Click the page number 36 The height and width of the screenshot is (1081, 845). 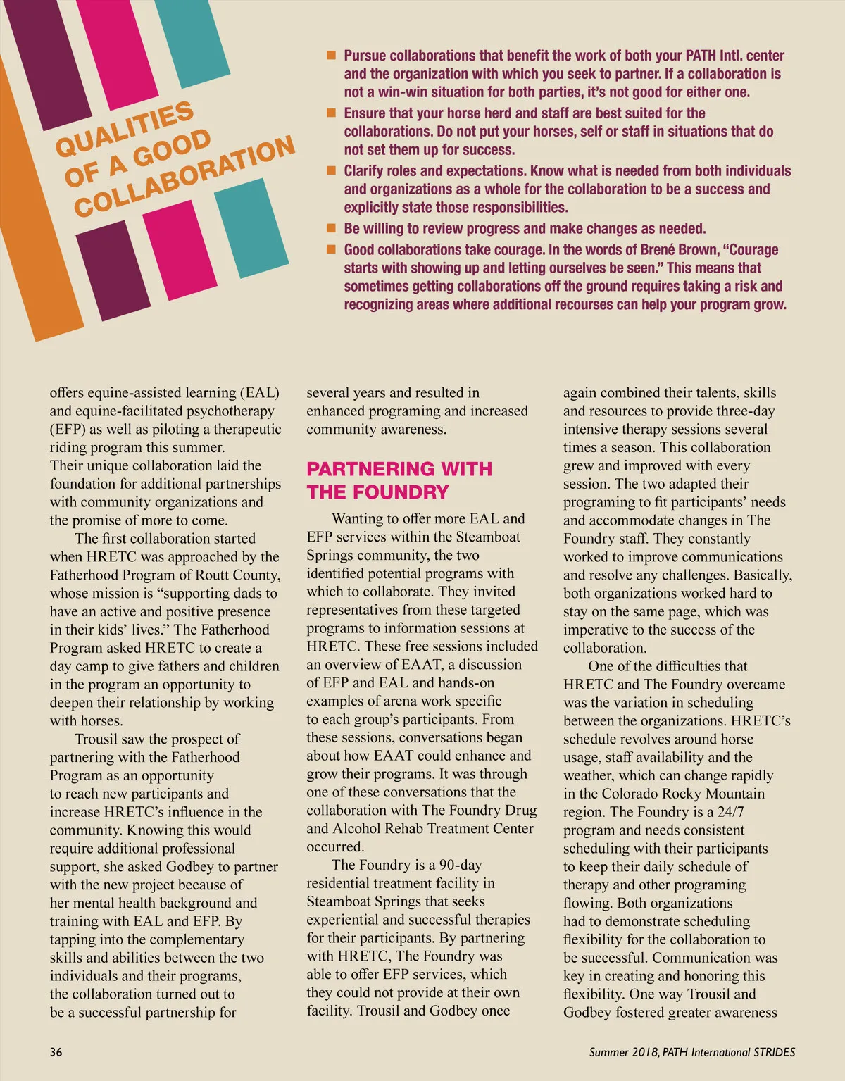(56, 1052)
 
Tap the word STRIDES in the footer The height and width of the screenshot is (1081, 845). (774, 1052)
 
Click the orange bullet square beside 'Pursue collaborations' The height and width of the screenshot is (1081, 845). (331, 56)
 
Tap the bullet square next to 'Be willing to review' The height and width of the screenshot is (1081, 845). (331, 229)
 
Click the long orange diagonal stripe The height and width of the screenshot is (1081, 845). (28, 211)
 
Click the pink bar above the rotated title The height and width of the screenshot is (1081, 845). (127, 42)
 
